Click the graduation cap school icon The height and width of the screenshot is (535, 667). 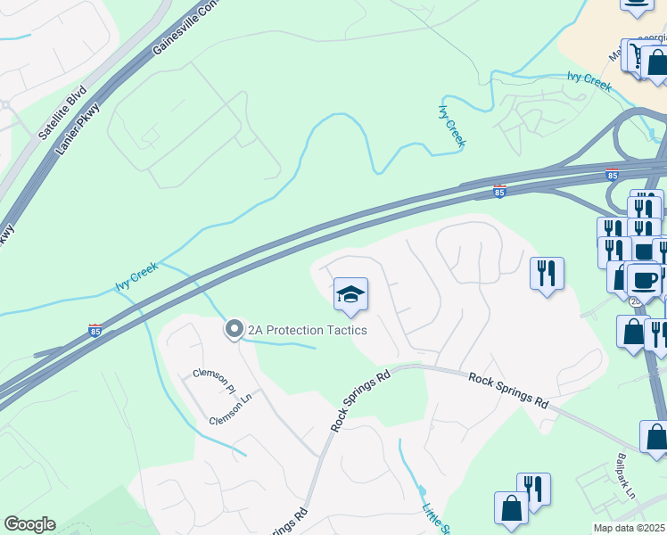(350, 294)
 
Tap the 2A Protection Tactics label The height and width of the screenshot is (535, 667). (308, 330)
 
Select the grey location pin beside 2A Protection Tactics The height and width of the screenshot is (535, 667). (234, 330)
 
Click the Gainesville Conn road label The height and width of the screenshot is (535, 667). (185, 27)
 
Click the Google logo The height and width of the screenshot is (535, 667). (29, 524)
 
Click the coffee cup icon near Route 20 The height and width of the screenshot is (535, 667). (644, 280)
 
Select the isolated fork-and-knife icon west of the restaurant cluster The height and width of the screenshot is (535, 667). (546, 271)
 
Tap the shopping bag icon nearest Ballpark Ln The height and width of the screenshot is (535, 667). (655, 437)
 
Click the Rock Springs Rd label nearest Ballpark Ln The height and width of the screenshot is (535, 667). (507, 390)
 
